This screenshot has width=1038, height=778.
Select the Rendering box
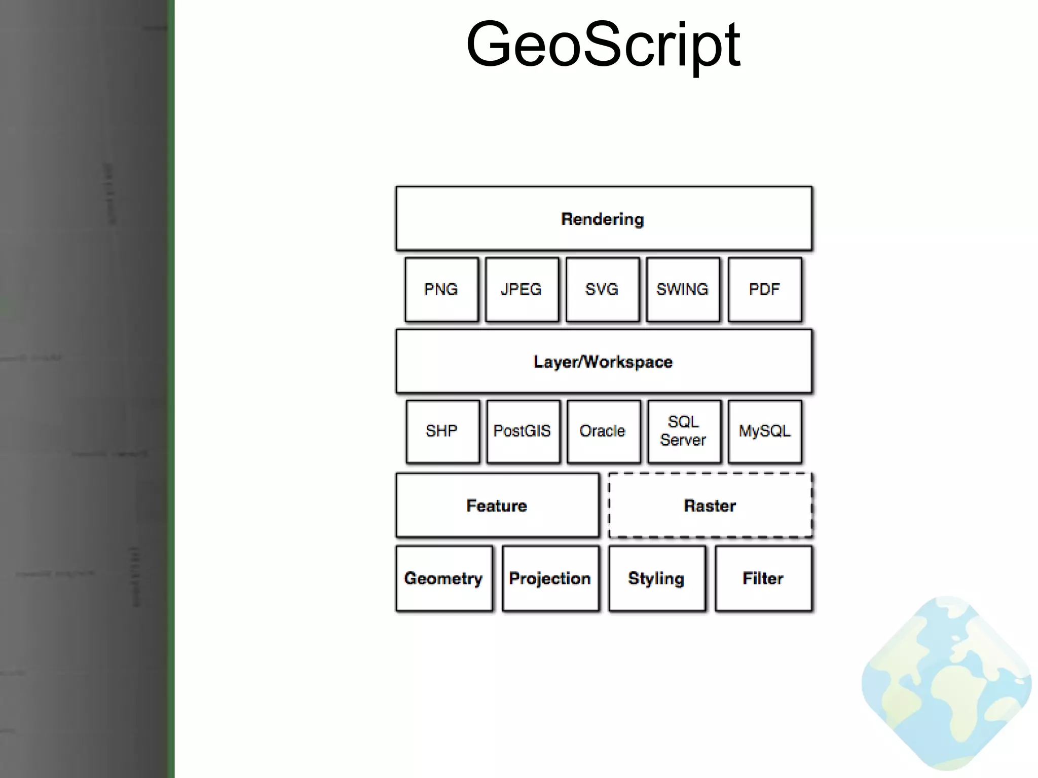pos(603,219)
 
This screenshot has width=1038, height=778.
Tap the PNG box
pos(441,290)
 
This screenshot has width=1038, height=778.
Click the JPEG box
pos(522,290)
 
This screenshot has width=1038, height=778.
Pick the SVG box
pos(602,290)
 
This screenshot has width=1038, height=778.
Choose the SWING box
pos(683,290)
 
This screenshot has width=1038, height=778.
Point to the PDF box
pos(764,290)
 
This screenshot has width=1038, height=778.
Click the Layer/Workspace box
pos(603,362)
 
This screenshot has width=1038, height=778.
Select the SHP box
pos(442,432)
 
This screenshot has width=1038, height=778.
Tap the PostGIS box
pos(523,432)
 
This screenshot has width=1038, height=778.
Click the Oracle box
pos(603,432)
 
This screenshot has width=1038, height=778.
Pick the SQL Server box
pos(684,432)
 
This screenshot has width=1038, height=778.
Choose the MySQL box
pos(764,432)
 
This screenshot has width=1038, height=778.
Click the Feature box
pos(497,505)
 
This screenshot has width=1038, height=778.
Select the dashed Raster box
pos(710,505)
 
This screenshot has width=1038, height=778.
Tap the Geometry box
pos(443,578)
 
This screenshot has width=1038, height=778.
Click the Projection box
pos(550,578)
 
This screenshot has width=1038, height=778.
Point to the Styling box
pos(656,578)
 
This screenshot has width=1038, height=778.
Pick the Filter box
pos(763,578)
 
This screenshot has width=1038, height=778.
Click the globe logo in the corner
pos(946,684)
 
